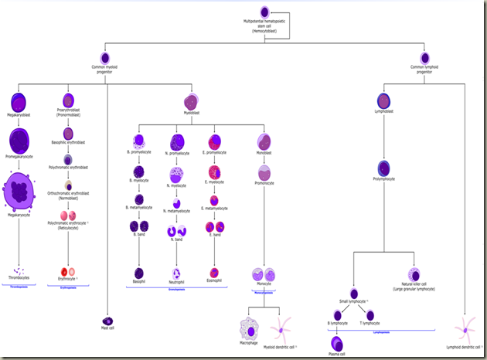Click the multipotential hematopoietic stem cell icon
[265, 12]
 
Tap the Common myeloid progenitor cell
[107, 58]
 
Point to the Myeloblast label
[191, 112]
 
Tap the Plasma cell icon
[337, 341]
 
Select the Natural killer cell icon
[414, 274]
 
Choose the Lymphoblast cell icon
[384, 100]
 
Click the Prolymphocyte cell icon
[384, 168]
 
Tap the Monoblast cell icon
[264, 141]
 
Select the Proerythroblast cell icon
[68, 100]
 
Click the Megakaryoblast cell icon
[19, 101]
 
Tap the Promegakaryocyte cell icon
[20, 141]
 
